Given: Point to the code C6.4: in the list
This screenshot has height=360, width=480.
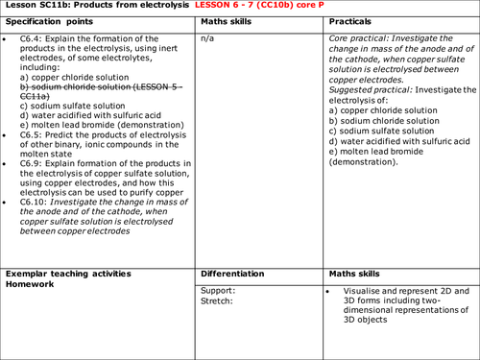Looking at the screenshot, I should click(33, 40).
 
